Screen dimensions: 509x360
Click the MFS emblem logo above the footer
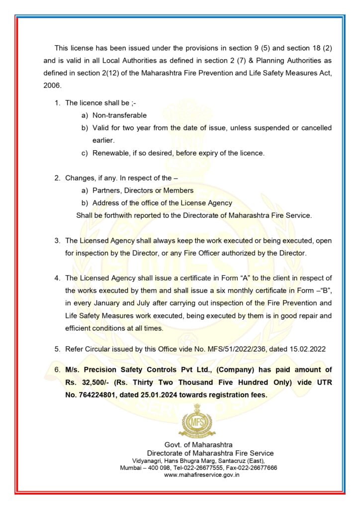click(x=197, y=422)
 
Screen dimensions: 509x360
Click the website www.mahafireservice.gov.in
click(x=202, y=475)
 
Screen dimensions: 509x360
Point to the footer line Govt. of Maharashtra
click(x=198, y=444)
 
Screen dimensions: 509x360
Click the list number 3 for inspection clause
click(x=57, y=241)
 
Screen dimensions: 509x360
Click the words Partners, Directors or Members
click(x=143, y=190)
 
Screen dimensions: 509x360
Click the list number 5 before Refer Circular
click(x=57, y=349)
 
